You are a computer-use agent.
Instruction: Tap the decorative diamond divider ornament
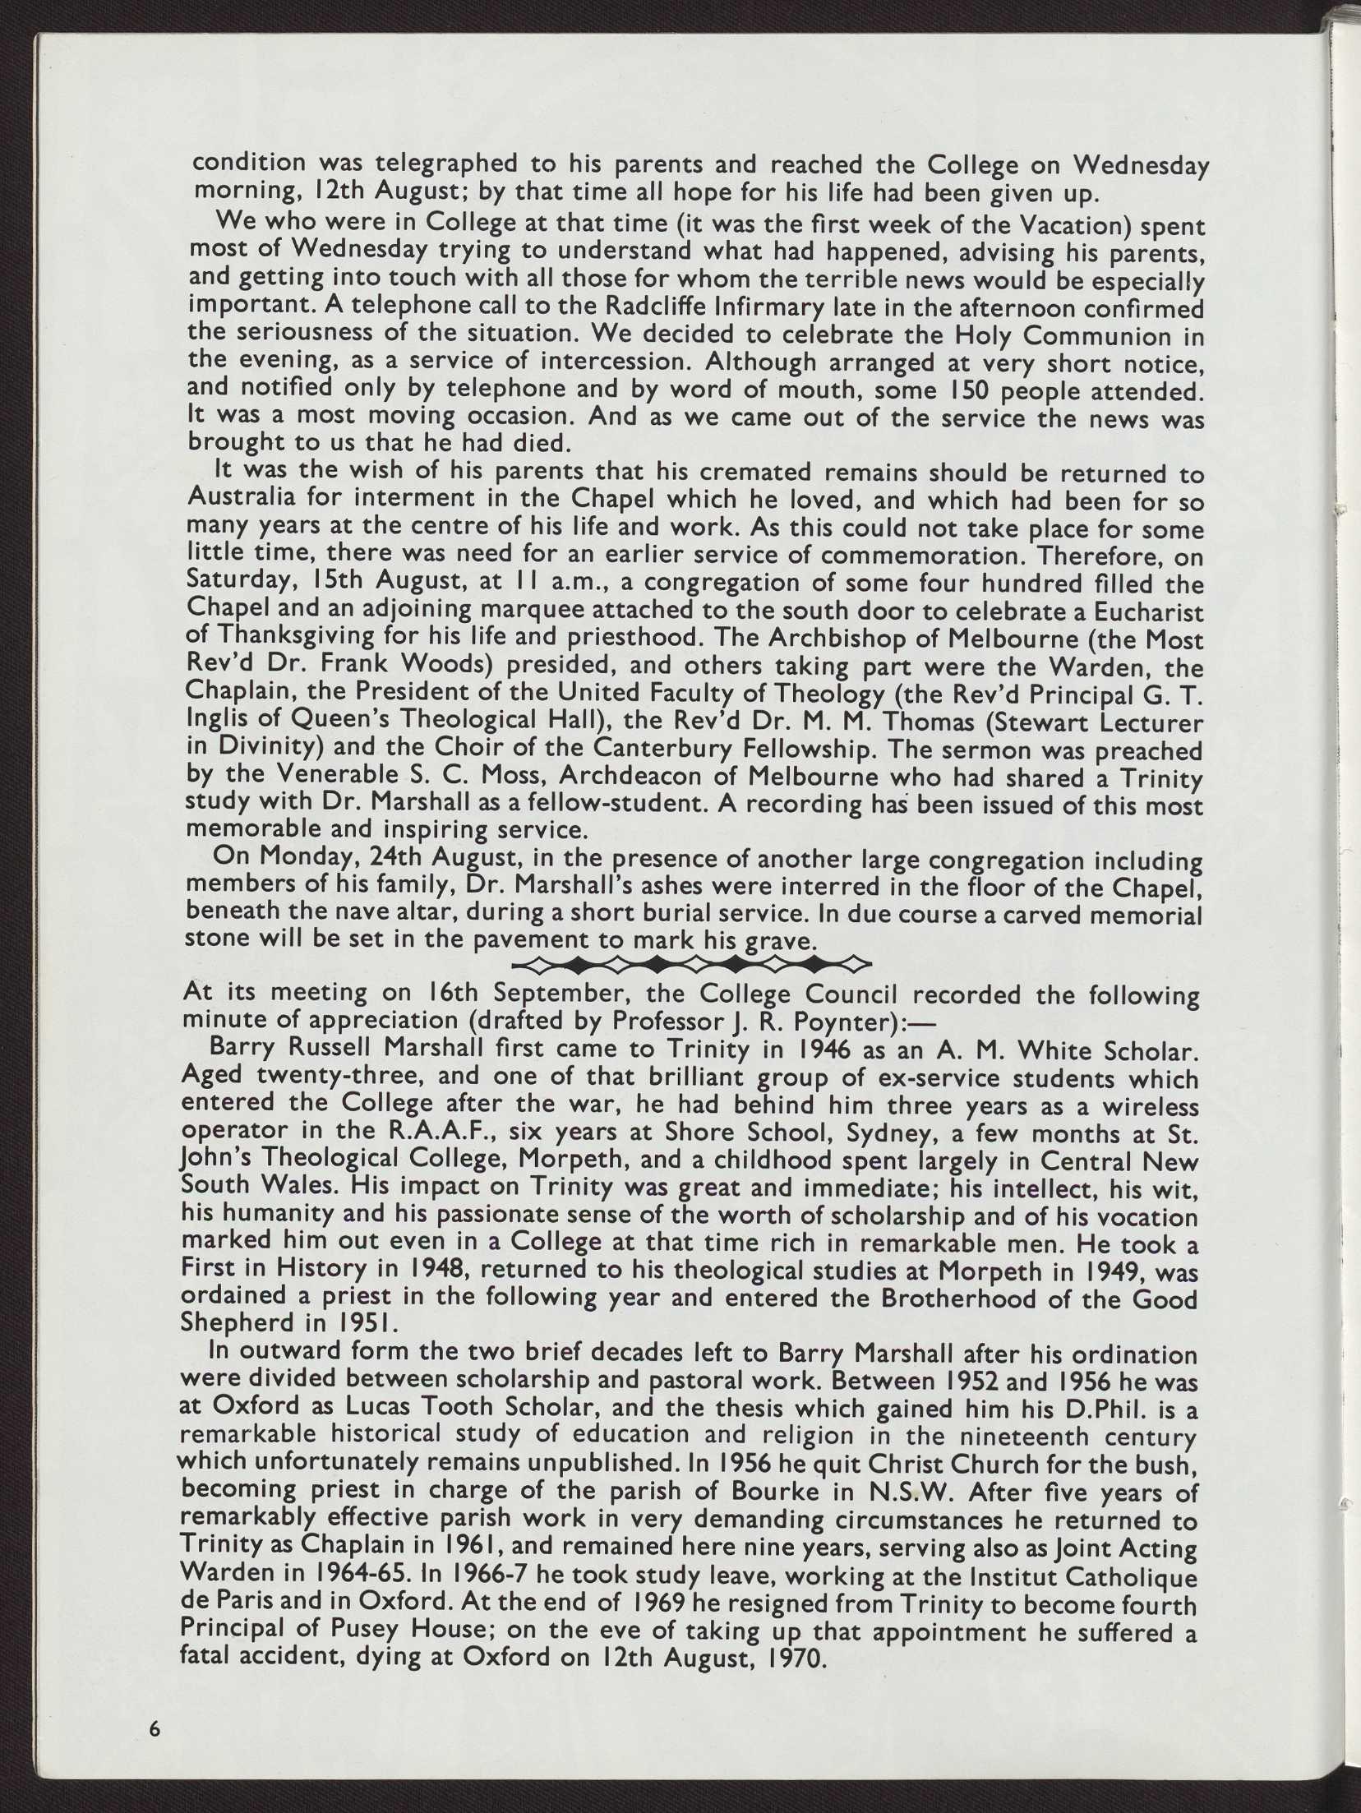tap(690, 962)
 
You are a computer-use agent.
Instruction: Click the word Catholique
tap(1121, 1578)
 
